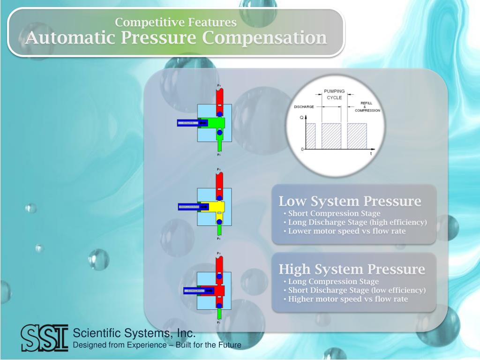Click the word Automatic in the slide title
(70, 37)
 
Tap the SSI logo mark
(45, 337)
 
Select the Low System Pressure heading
(350, 202)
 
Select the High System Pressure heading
(352, 270)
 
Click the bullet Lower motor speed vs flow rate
(346, 231)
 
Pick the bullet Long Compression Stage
(333, 282)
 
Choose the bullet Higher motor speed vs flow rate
(348, 299)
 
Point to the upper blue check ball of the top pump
(219, 114)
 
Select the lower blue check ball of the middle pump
(219, 221)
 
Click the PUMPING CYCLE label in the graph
(334, 94)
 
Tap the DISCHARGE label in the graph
(304, 107)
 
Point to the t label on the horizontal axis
(371, 154)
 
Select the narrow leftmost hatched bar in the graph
(310, 136)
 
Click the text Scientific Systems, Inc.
(134, 333)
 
